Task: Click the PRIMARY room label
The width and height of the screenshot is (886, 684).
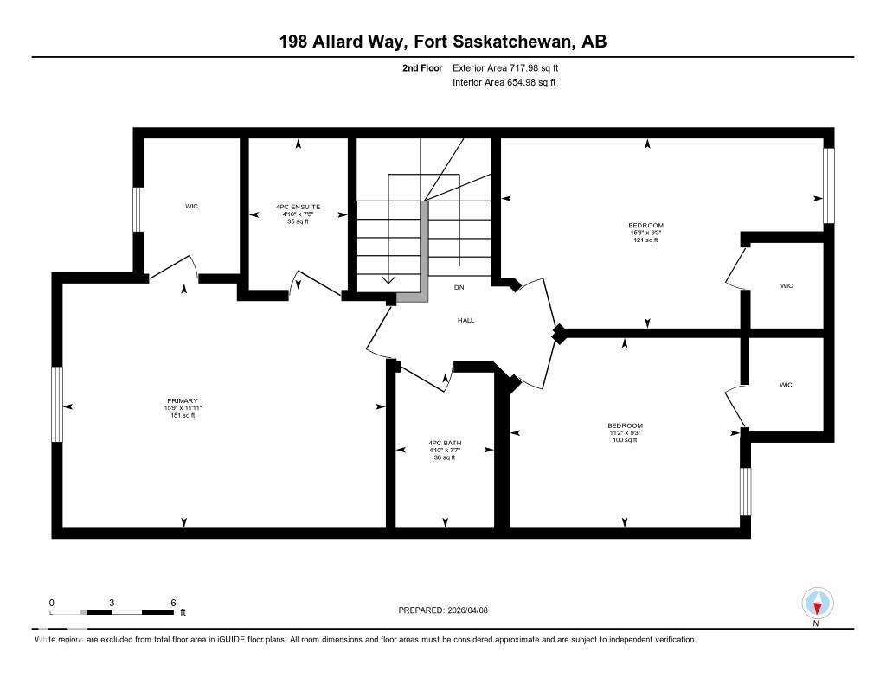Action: [183, 401]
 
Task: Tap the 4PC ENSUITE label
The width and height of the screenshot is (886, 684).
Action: [298, 207]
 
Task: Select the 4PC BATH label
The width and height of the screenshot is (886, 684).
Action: [445, 443]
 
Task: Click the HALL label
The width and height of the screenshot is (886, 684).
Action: [465, 320]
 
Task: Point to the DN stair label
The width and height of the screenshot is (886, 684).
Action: [459, 286]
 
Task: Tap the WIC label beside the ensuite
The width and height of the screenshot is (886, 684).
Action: [191, 206]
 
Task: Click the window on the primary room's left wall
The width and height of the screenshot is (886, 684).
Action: [57, 405]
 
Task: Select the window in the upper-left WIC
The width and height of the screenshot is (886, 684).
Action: [138, 209]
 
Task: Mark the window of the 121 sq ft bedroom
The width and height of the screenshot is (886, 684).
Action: [828, 185]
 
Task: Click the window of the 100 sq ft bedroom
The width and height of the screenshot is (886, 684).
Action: [745, 491]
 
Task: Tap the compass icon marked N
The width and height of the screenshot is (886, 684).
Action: [817, 603]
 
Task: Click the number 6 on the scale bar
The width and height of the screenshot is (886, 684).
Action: [173, 603]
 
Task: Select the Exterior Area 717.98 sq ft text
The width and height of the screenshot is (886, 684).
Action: [511, 67]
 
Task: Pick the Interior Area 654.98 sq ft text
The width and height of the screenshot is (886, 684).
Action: [504, 82]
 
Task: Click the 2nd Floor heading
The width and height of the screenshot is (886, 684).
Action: [422, 67]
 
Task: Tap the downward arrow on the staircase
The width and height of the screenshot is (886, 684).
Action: [388, 278]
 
